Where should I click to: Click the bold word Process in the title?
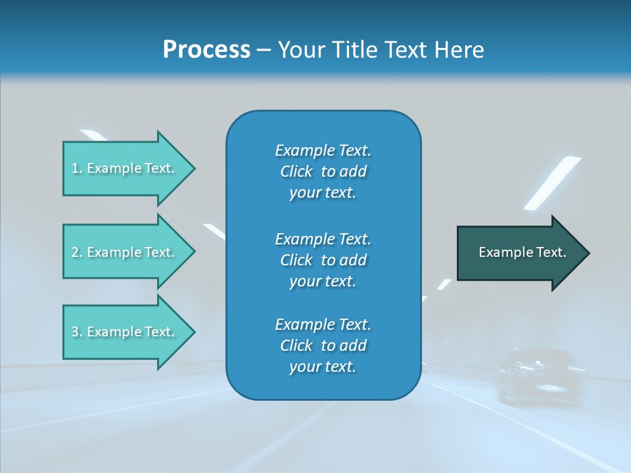[x=206, y=50]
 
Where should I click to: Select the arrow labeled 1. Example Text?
[x=125, y=168]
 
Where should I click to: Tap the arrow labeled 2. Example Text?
[x=125, y=252]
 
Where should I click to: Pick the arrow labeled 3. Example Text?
[x=125, y=332]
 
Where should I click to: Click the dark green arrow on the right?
[x=519, y=253]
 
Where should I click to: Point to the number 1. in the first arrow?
[x=77, y=168]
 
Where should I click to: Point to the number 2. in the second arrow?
[x=77, y=252]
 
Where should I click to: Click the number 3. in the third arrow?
[x=77, y=332]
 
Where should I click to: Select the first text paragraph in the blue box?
[x=323, y=171]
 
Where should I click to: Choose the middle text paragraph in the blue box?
[x=323, y=259]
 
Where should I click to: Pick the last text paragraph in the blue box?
[x=323, y=345]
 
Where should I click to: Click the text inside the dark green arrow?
[x=522, y=252]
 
